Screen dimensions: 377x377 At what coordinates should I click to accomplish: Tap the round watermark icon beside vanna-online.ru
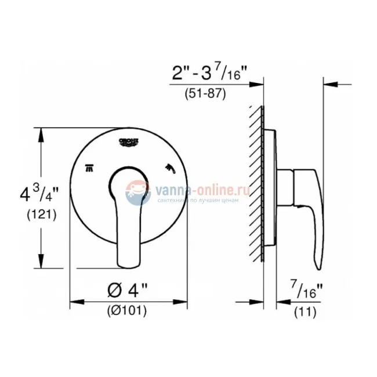[138, 192]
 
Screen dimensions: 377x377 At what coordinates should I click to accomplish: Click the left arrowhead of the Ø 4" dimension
[74, 302]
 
